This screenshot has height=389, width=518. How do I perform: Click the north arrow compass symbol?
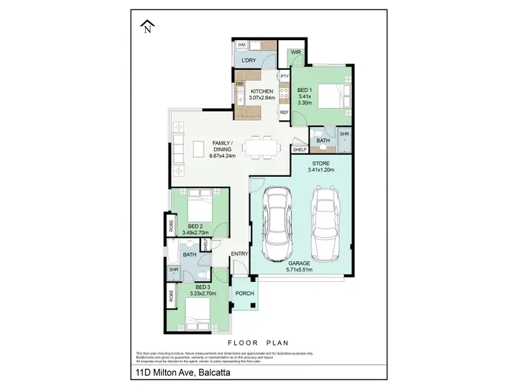click(146, 26)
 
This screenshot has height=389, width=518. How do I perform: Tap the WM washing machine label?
click(242, 45)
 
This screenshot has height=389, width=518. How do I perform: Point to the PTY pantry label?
click(284, 76)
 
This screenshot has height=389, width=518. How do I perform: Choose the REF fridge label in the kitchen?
click(284, 112)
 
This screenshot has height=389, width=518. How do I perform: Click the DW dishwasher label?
click(240, 84)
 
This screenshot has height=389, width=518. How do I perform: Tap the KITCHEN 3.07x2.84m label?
click(262, 95)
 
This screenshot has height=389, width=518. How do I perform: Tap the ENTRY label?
click(239, 254)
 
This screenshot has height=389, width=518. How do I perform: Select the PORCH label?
click(244, 293)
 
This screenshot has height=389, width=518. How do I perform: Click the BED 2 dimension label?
click(197, 229)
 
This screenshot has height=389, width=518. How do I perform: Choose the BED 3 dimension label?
click(202, 290)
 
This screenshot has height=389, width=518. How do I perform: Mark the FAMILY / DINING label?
click(222, 149)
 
